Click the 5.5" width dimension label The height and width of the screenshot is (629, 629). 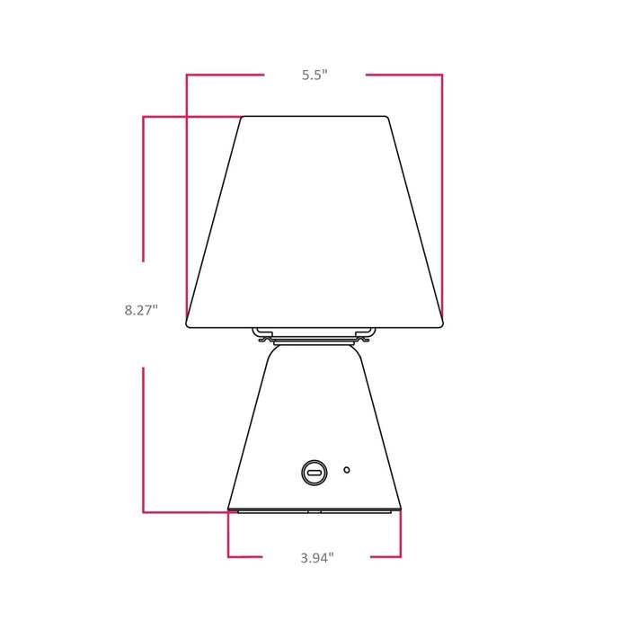[x=314, y=75]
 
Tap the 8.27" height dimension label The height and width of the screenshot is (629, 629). [x=141, y=310]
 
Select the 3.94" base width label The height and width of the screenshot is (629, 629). [x=317, y=558]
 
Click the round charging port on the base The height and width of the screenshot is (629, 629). [x=314, y=471]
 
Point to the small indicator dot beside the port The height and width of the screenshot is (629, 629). [x=347, y=469]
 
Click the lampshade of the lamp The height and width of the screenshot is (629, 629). [x=314, y=220]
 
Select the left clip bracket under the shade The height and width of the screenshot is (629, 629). [x=261, y=335]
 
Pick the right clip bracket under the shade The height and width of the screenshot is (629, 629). [x=367, y=335]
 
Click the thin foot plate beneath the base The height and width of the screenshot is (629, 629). [x=314, y=511]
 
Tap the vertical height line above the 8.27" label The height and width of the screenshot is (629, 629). [x=144, y=189]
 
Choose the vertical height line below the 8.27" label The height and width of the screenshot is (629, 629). [x=144, y=440]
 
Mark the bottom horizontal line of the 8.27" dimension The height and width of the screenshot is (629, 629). [x=184, y=512]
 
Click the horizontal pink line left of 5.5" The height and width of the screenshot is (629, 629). [x=225, y=75]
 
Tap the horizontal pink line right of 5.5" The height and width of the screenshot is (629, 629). [x=404, y=75]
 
